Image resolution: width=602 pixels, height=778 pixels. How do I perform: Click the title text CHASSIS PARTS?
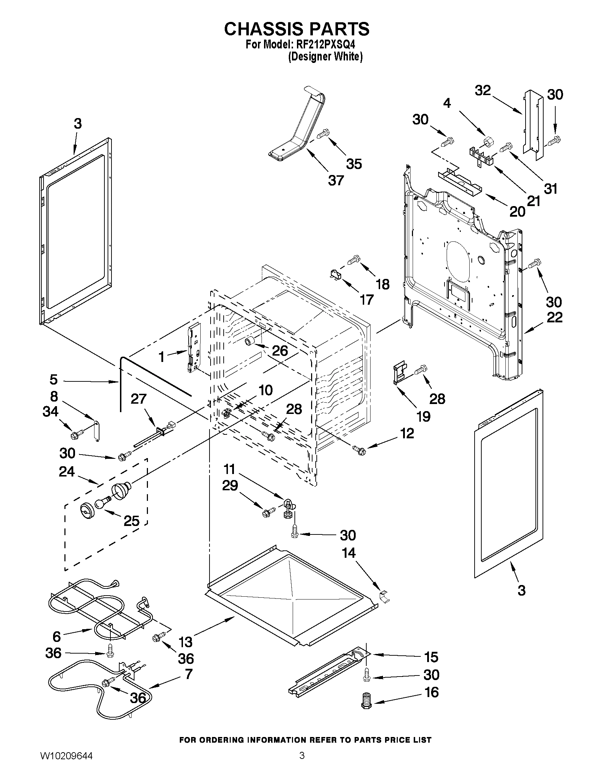coord(296,29)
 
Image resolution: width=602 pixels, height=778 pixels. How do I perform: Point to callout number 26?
coord(280,351)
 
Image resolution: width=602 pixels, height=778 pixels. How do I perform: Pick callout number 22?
coord(554,317)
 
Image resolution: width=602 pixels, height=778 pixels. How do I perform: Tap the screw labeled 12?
coord(359,450)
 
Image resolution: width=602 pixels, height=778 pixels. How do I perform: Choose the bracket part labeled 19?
coord(400,373)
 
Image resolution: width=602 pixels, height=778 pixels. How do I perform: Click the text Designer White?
coord(325,57)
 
